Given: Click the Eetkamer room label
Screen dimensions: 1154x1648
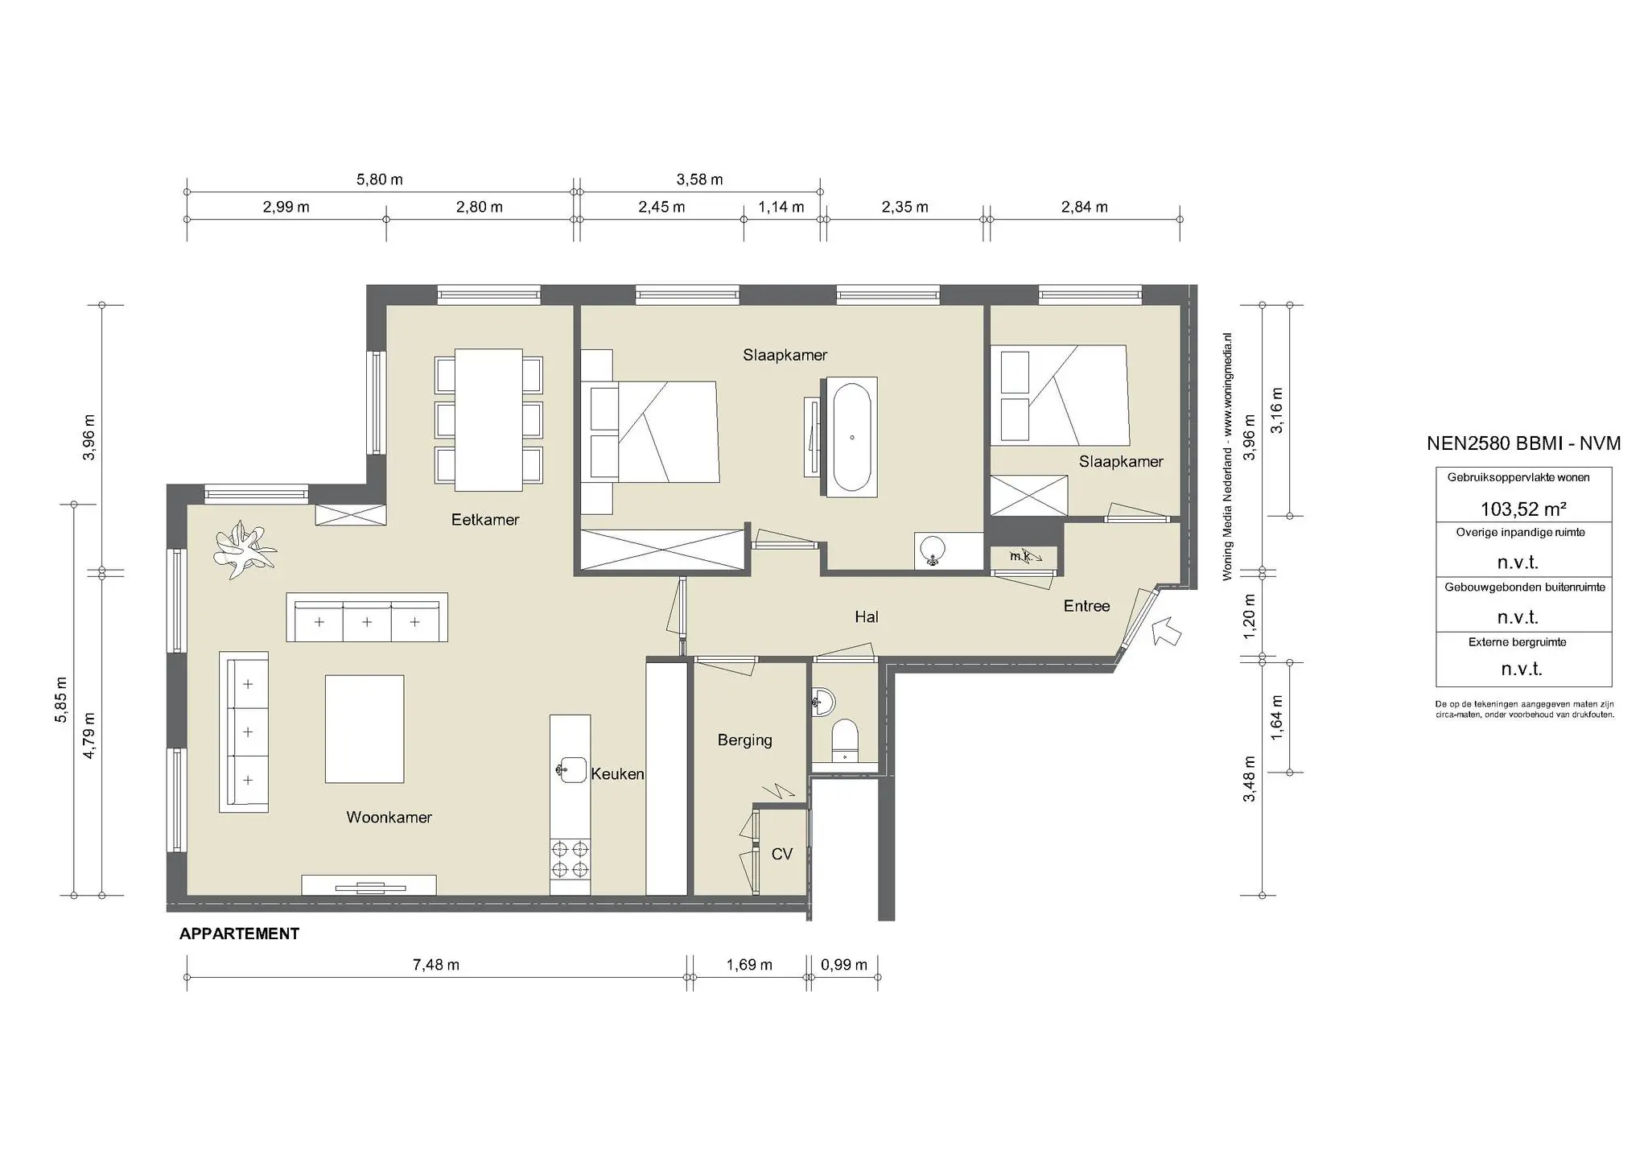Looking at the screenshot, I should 484,520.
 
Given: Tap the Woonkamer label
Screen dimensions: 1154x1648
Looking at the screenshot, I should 389,818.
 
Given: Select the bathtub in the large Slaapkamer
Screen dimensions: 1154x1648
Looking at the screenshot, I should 851,438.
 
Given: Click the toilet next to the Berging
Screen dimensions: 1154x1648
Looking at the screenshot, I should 844,740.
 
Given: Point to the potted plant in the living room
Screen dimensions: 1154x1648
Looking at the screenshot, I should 244,550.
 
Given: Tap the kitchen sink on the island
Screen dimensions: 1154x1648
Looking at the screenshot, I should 571,769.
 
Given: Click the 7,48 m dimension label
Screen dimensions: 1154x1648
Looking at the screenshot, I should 435,965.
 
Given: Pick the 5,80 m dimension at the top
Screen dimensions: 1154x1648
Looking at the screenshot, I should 379,179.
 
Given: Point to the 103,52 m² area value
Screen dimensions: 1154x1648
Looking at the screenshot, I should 1522,509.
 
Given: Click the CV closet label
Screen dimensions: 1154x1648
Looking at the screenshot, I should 781,855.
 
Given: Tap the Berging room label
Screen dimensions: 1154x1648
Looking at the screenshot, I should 744,740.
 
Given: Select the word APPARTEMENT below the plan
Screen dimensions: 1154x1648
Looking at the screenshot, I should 239,934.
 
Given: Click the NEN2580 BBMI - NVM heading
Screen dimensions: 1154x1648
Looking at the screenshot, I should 1522,443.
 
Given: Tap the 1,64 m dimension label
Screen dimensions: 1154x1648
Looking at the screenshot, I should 1276,717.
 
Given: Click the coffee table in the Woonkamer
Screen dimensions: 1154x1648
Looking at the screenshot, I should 364,729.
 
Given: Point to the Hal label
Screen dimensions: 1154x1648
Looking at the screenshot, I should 866,617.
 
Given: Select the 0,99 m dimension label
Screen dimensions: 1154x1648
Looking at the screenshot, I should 843,965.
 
